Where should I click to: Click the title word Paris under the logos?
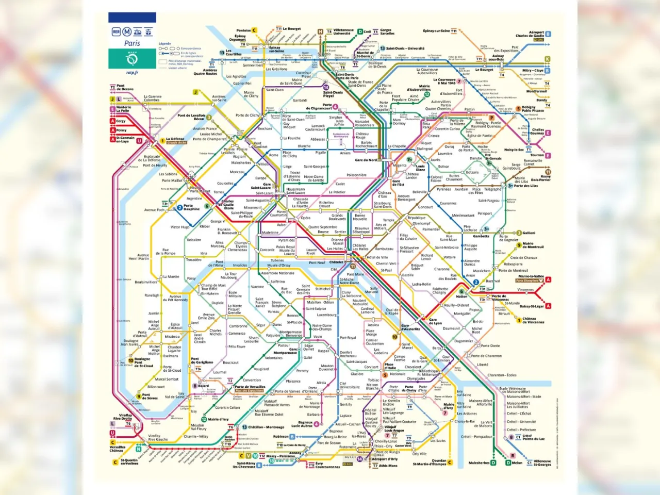[132, 43]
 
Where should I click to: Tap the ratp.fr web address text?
[132, 73]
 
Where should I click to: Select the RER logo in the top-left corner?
[115, 32]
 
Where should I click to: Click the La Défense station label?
[175, 139]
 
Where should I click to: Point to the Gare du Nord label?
[366, 160]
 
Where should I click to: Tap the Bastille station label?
[408, 275]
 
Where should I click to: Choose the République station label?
[417, 218]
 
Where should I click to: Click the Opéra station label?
[306, 218]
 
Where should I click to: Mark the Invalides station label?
[240, 265]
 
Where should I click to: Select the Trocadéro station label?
[194, 259]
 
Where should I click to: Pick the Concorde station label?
[267, 250]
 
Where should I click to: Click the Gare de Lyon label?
[435, 321]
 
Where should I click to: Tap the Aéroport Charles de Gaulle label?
[530, 34]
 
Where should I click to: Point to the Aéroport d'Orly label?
[385, 458]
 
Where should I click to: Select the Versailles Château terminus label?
[118, 449]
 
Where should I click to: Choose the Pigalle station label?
[320, 153]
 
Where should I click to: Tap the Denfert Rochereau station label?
[348, 354]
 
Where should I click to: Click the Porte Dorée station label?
[490, 346]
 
